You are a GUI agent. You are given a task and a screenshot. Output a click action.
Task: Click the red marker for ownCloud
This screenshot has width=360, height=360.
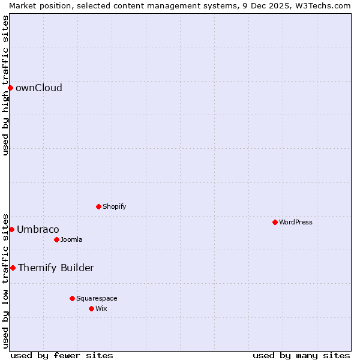tap(10, 88)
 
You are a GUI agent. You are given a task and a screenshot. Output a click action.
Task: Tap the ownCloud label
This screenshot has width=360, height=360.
tap(38, 88)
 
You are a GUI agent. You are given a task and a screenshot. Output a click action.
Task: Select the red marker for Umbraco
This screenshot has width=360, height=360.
tap(11, 229)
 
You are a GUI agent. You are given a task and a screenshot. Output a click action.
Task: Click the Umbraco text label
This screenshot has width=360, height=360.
tap(38, 229)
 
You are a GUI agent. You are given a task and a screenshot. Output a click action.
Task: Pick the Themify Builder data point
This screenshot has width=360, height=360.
tap(13, 268)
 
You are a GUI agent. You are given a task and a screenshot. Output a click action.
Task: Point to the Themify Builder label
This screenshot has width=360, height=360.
tap(56, 268)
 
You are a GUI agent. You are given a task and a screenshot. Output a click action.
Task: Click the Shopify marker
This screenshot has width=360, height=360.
tap(98, 206)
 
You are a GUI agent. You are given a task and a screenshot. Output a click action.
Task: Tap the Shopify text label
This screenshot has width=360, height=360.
tap(114, 206)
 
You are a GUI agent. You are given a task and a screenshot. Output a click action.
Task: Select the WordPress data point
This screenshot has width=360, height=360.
tap(275, 222)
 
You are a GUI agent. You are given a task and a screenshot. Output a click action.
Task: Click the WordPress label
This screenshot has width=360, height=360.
tap(295, 222)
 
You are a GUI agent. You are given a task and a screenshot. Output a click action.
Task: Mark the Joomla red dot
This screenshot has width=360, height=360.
tap(56, 239)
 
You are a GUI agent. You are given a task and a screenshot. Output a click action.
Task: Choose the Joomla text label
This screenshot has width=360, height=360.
tap(71, 239)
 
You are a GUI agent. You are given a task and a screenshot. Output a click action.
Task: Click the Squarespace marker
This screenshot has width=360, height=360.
tap(72, 298)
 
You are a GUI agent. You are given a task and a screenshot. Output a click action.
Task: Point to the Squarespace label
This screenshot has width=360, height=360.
tap(97, 298)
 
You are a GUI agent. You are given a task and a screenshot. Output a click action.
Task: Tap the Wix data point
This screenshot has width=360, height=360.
tap(91, 308)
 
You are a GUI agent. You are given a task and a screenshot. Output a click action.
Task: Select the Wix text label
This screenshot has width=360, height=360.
tap(101, 308)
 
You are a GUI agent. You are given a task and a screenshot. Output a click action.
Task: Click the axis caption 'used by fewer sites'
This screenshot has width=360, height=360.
tap(62, 355)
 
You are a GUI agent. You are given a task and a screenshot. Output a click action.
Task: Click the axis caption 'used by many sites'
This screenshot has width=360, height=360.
tap(301, 355)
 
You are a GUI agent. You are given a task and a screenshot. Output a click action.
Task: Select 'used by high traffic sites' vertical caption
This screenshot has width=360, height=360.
tap(5, 85)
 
